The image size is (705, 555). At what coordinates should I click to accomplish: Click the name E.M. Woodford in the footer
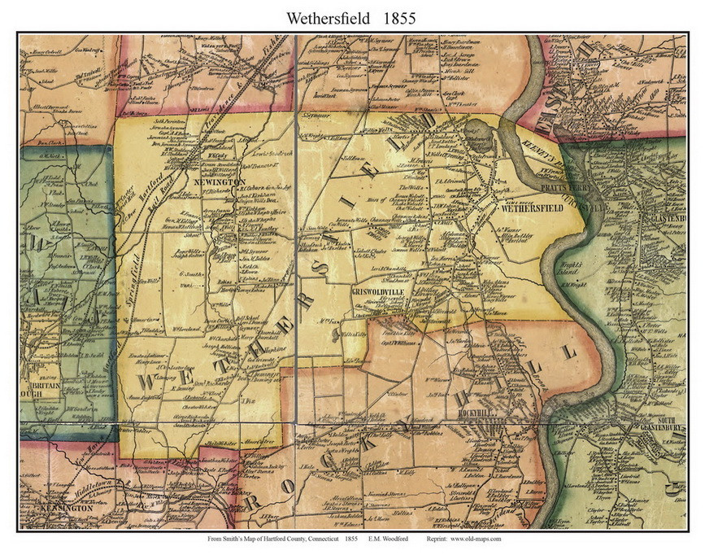(x=389, y=539)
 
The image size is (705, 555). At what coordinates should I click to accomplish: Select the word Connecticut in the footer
(x=320, y=539)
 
